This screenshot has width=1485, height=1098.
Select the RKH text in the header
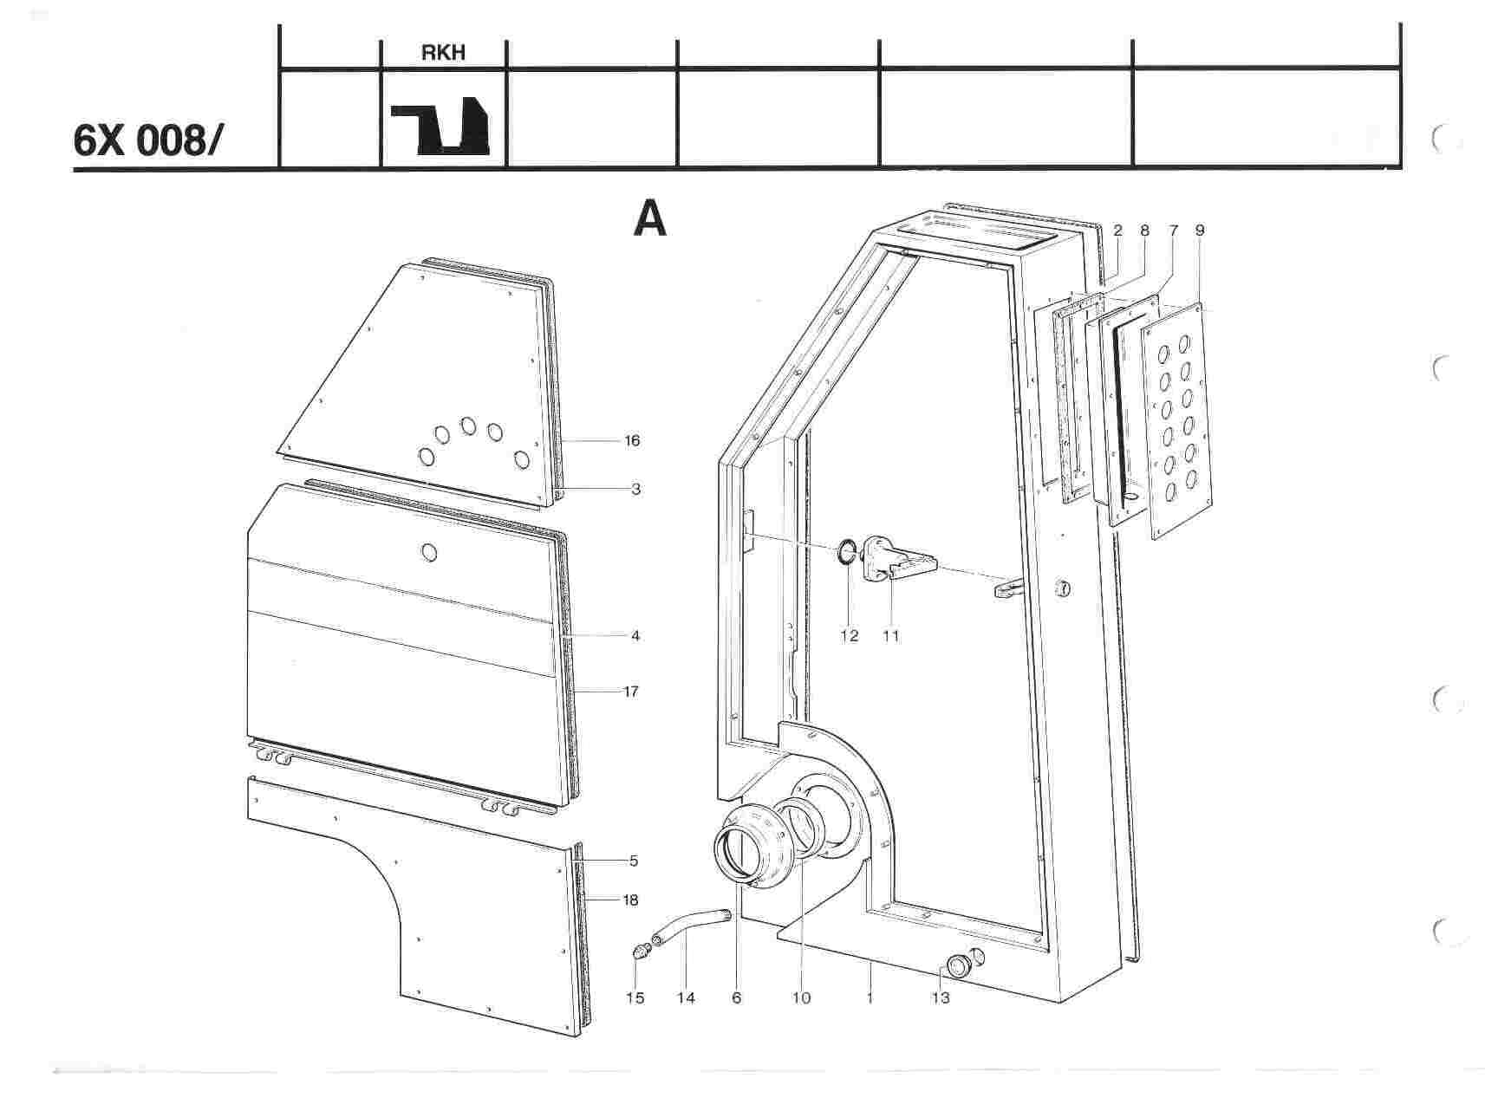tap(443, 53)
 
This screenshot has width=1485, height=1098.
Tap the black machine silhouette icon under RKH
tap(440, 129)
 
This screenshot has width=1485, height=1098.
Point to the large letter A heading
tap(650, 219)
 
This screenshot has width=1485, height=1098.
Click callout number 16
tap(632, 441)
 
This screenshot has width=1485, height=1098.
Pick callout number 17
tap(631, 692)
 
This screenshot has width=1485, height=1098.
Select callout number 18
tap(630, 900)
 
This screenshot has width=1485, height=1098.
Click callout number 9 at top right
tap(1200, 231)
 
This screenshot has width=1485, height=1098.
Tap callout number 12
tap(849, 636)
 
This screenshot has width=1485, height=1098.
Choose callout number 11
tap(891, 636)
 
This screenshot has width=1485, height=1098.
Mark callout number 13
tap(941, 998)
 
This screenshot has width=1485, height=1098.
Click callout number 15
tap(635, 998)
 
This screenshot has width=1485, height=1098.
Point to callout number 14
tap(686, 998)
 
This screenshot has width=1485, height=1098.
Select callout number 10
tap(802, 998)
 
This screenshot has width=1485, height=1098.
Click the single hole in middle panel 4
tap(429, 552)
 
